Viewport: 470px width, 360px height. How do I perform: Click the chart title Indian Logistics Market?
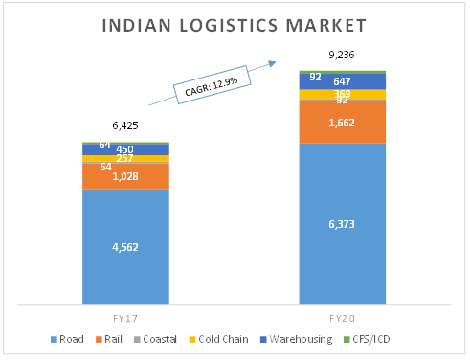[x=235, y=24]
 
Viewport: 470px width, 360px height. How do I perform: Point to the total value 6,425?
[x=125, y=125]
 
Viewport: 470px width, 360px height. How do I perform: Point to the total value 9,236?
[x=343, y=55]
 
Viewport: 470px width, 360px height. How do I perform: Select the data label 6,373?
[x=343, y=224]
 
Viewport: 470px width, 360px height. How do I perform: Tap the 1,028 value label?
[x=125, y=176]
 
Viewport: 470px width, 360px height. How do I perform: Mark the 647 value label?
[x=343, y=82]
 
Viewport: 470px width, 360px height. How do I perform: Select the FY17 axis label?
[x=125, y=315]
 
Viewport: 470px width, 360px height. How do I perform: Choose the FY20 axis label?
[x=343, y=315]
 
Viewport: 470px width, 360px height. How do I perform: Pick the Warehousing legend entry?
[x=292, y=340]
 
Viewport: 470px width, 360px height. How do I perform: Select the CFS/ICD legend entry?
[x=372, y=340]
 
